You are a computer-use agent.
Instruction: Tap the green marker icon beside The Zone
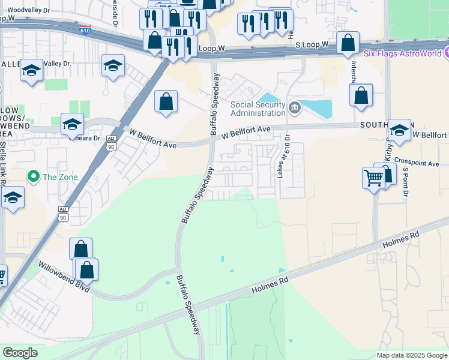[34, 176]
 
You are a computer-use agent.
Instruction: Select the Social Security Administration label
[258, 109]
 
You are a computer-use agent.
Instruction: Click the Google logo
[20, 353]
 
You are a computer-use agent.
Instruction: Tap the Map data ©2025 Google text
[412, 355]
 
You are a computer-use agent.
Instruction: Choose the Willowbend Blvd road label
[64, 277]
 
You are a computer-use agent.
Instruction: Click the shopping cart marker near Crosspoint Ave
[373, 178]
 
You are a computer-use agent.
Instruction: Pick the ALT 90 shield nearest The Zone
[64, 212]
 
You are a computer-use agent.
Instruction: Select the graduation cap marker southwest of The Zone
[12, 199]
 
